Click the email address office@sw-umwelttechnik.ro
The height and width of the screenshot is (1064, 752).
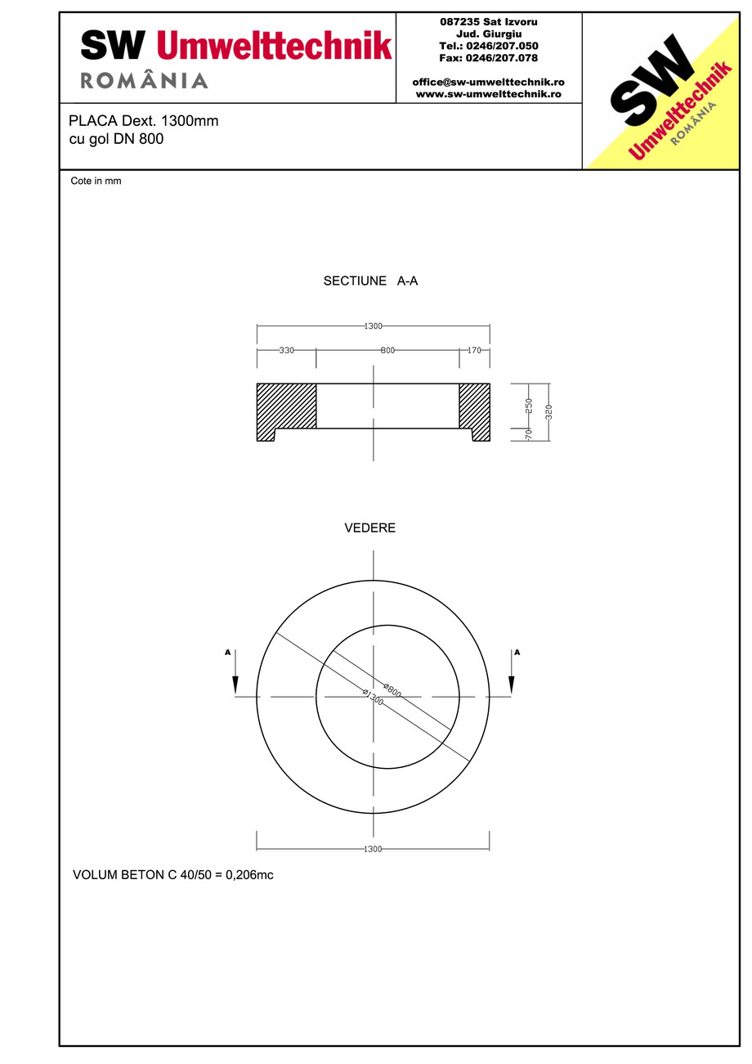click(x=488, y=83)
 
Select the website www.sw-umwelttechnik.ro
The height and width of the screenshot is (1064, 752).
click(x=488, y=94)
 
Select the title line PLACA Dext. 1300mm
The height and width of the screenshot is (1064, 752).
click(x=143, y=121)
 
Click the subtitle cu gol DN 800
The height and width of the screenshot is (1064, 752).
click(x=116, y=139)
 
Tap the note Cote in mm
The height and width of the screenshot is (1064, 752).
click(x=96, y=182)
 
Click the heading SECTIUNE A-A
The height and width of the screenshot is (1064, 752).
click(x=371, y=281)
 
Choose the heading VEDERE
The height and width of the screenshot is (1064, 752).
click(x=370, y=528)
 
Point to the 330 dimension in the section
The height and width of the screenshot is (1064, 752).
click(x=286, y=350)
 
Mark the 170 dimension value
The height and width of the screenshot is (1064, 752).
click(x=474, y=350)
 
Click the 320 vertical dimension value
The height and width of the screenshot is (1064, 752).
click(x=548, y=411)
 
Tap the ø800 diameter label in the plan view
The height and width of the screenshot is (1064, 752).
click(x=392, y=689)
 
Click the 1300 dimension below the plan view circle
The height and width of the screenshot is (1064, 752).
click(x=373, y=849)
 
